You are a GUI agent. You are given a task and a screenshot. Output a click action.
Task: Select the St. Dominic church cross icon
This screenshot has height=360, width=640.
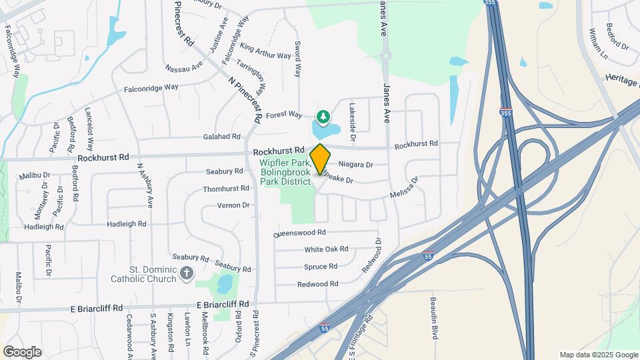(187, 272)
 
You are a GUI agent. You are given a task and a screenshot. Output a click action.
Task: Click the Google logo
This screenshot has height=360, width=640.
(22, 352)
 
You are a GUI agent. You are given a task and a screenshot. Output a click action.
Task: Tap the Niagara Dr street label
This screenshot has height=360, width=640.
(355, 164)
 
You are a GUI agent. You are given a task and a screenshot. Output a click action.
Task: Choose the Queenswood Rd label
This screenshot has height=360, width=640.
(299, 233)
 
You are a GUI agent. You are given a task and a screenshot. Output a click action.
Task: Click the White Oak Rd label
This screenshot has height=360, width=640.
(326, 249)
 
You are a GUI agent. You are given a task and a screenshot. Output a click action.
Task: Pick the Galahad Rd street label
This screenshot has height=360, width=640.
(223, 137)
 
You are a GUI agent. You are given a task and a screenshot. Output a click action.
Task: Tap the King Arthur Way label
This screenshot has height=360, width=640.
(265, 51)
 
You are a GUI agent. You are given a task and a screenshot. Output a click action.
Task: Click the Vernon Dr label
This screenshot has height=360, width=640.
(233, 205)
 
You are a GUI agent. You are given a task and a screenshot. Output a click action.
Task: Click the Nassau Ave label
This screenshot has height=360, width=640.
(184, 67)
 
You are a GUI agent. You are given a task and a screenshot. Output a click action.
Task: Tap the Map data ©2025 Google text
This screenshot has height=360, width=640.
(599, 355)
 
